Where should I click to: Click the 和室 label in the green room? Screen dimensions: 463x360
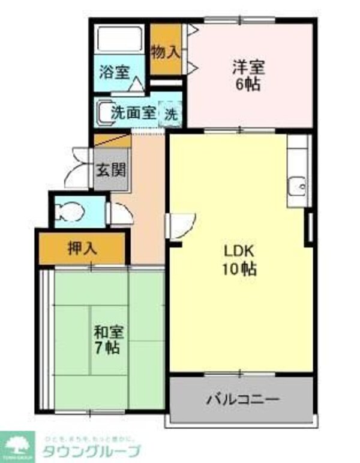109,330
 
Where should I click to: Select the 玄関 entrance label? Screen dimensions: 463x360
112,169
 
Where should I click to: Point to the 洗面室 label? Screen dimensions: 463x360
133,112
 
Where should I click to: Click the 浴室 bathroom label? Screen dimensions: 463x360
114,71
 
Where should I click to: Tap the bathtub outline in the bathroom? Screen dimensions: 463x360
120,40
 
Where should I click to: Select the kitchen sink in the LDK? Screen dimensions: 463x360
296,187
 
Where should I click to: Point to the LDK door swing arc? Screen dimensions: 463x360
181,224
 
